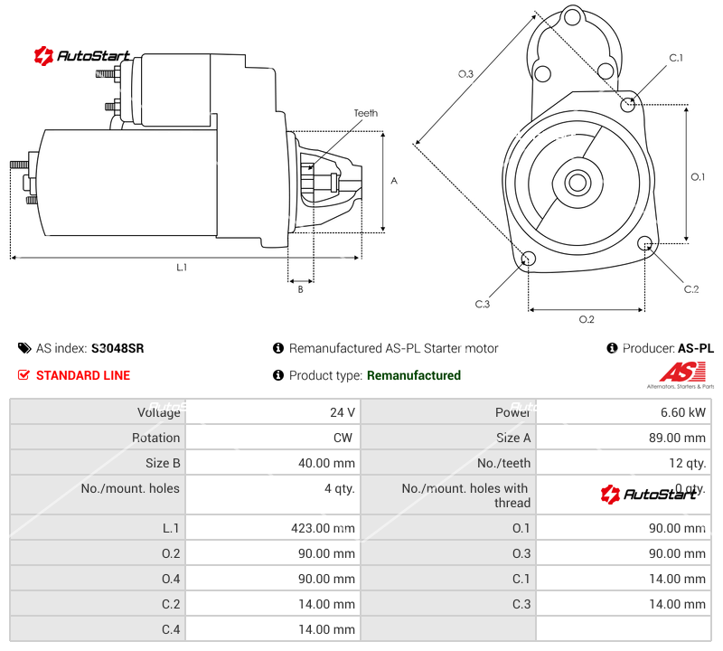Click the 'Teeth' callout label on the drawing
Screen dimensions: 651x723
[x=365, y=114]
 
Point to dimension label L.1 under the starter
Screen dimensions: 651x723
[x=182, y=268]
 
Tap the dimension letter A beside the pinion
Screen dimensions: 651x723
[x=394, y=181]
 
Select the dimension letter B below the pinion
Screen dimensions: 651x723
[x=300, y=289]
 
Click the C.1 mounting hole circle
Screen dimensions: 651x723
[x=629, y=104]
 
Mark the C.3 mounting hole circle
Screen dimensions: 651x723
[x=529, y=260]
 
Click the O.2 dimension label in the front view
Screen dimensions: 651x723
[x=587, y=319]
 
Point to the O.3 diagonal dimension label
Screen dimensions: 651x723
[x=465, y=74]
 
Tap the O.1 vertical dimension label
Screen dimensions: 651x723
[x=698, y=177]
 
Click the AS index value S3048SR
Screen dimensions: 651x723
[x=117, y=348]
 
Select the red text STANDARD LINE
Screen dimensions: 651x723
[x=82, y=375]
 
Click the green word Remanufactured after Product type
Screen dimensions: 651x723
[x=413, y=375]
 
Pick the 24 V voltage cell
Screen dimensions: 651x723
[x=342, y=412]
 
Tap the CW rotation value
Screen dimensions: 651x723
[x=345, y=438]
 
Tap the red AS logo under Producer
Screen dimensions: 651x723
[x=679, y=372]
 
